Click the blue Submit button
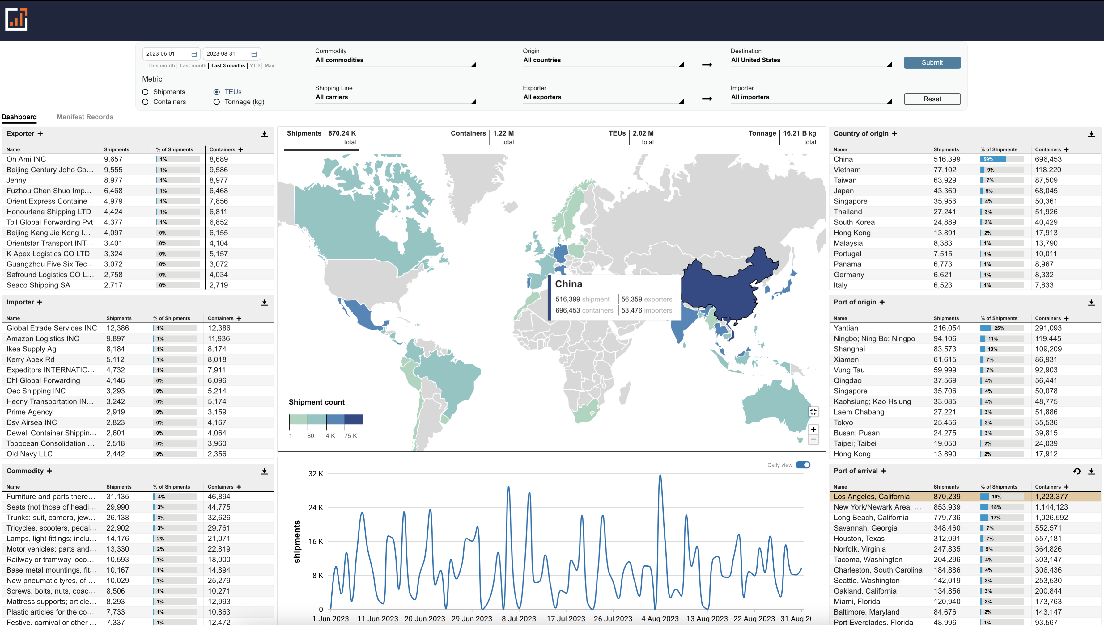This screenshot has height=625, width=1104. pos(932,63)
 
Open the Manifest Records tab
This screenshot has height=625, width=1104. pos(85,117)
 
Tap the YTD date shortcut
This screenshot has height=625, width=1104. pos(255,66)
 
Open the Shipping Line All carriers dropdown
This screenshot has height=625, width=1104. pos(395,98)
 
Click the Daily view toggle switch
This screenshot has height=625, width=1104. pos(802,465)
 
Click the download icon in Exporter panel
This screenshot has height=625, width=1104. pos(265,134)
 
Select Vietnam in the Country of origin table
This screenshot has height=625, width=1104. pos(847,170)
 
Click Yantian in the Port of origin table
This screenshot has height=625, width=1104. pos(845,328)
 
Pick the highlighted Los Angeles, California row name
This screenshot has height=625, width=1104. pos(871,497)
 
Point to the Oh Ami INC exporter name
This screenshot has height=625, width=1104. pos(26,159)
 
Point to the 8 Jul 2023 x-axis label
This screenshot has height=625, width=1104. pos(519,619)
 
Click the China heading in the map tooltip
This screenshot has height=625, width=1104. pos(568,284)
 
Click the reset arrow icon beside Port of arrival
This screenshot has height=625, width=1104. pos(1076,471)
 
